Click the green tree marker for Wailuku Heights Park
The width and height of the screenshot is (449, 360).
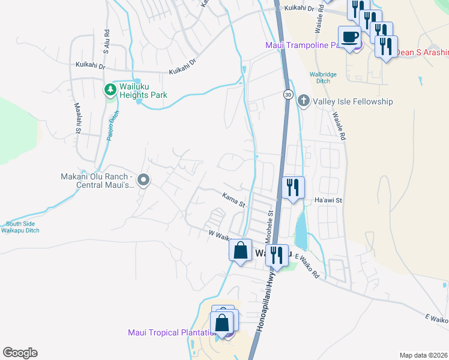coord(110,90)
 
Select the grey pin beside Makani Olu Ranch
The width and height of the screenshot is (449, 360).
coord(143,180)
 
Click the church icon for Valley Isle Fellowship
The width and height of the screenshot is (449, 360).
coord(304,101)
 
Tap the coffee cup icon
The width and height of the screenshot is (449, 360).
coord(349,37)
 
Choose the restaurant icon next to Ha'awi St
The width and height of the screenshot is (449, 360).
coord(292,188)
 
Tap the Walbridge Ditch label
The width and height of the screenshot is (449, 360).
coord(322,78)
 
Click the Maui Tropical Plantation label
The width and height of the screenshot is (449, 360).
coord(172,333)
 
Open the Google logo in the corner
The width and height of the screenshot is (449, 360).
coord(20,352)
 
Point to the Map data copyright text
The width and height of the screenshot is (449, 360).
coord(423,355)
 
